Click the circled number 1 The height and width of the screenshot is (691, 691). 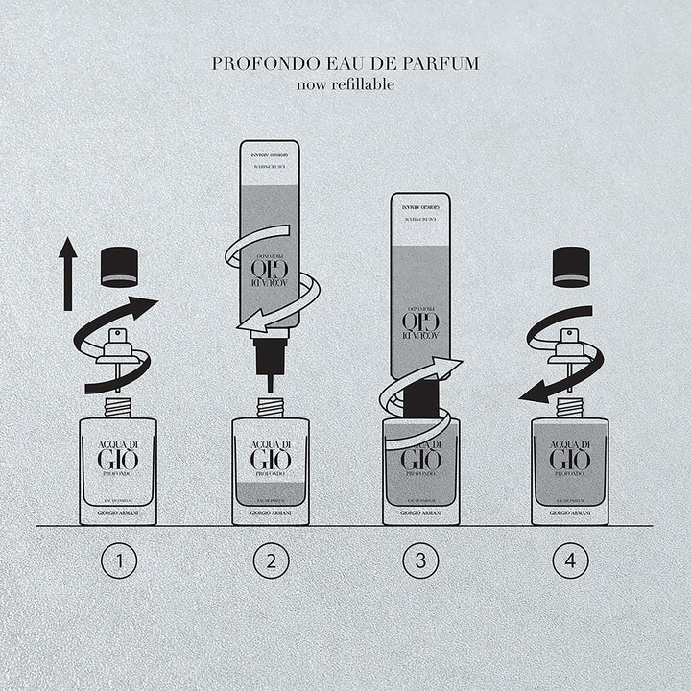(x=118, y=562)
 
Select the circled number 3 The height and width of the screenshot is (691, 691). (x=416, y=562)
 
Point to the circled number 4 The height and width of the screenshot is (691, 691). (x=568, y=562)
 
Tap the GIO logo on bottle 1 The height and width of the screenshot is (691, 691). (x=118, y=459)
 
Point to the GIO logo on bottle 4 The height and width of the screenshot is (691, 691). (x=570, y=459)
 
